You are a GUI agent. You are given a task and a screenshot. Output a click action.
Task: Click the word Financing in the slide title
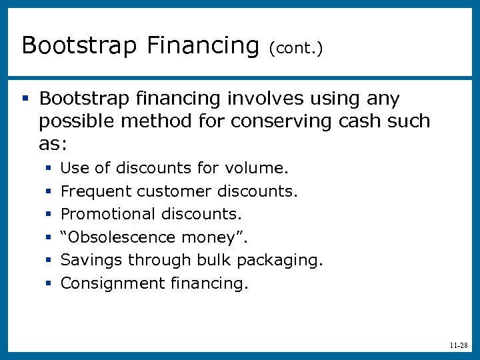click(202, 45)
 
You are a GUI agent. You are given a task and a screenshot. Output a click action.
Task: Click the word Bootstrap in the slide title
click(79, 45)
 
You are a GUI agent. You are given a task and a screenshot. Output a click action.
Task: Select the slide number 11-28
click(458, 346)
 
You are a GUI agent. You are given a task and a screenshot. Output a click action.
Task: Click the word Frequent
click(96, 191)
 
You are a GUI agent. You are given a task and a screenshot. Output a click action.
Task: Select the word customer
click(175, 191)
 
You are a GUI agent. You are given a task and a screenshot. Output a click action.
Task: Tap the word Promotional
click(108, 214)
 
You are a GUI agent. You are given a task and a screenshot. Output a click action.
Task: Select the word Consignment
click(112, 283)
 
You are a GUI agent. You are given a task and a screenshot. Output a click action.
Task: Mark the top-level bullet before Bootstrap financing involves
click(25, 99)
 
